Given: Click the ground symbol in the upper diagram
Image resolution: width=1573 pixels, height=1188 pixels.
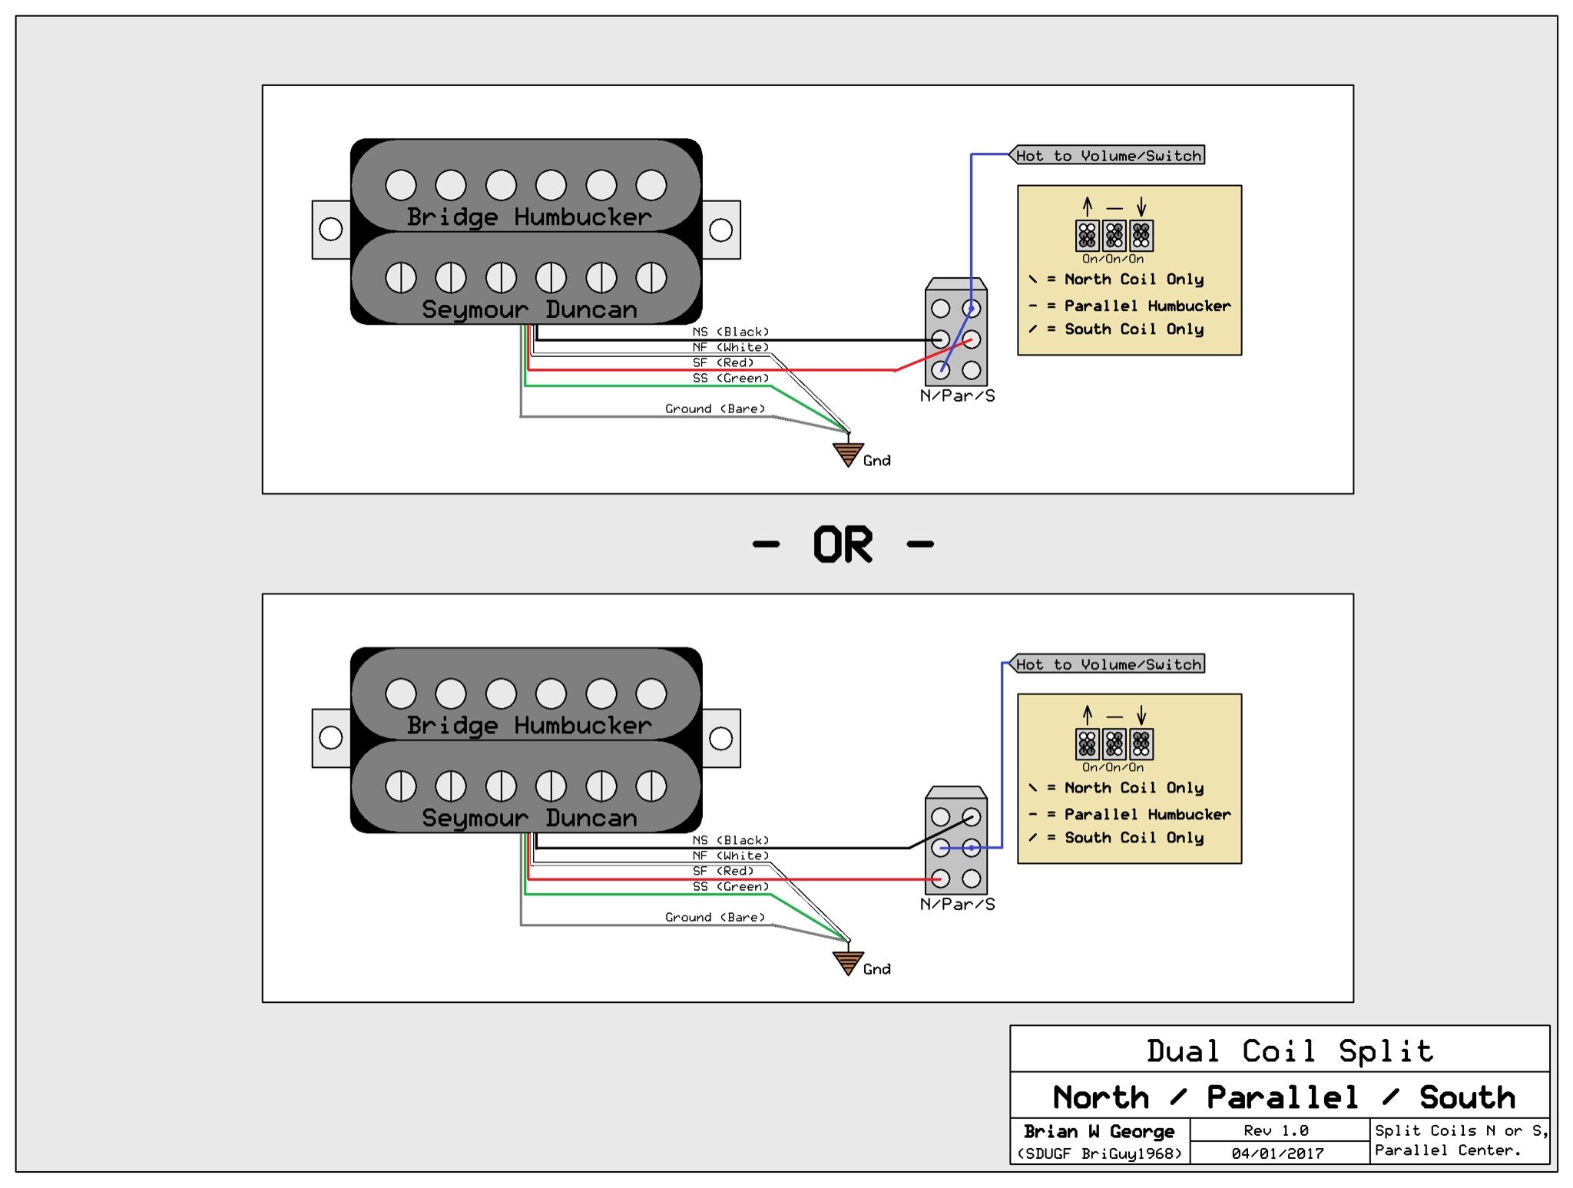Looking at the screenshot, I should coord(848,454).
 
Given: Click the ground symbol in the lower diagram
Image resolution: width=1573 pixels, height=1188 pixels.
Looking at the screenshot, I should coord(848,962).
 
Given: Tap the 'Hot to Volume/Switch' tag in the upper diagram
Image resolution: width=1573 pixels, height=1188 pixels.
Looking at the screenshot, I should coord(1108,155).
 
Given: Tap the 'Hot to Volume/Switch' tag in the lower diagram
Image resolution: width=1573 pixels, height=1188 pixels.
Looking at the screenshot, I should coord(1108,664).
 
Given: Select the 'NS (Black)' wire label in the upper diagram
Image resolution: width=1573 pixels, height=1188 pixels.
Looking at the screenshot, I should coord(730,332).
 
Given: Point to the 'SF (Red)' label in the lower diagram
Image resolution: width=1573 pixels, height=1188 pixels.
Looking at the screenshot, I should coord(723,871).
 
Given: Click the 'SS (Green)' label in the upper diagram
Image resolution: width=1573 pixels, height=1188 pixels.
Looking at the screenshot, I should coord(730,378).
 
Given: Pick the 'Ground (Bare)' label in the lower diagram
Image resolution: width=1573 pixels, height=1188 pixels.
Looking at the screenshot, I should coord(714,917).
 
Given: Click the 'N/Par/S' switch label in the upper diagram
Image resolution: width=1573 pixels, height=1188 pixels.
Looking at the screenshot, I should coord(957,395).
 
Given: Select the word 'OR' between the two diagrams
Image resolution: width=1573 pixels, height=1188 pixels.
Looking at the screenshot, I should coord(843,544).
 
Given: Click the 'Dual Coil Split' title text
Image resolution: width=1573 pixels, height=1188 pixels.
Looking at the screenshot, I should coord(1290,1051).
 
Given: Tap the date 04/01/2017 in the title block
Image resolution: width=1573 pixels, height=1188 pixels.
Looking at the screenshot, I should coord(1277,1153).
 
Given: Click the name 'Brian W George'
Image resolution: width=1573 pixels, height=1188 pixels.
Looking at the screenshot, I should coord(1098,1131).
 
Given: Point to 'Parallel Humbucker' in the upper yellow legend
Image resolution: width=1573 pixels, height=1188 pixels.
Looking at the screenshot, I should coord(1147,306).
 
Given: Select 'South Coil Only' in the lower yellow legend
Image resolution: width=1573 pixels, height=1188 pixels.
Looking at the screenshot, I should coord(1134,837).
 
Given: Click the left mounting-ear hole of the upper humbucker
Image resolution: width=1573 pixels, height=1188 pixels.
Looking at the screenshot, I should coord(331,229).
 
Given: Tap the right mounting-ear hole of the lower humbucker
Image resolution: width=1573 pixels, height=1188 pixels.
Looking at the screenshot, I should coord(720,738).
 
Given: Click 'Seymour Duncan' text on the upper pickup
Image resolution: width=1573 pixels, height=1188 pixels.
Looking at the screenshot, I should coord(529,309).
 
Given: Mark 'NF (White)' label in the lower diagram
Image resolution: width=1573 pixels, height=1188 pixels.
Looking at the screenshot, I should coord(730,855).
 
